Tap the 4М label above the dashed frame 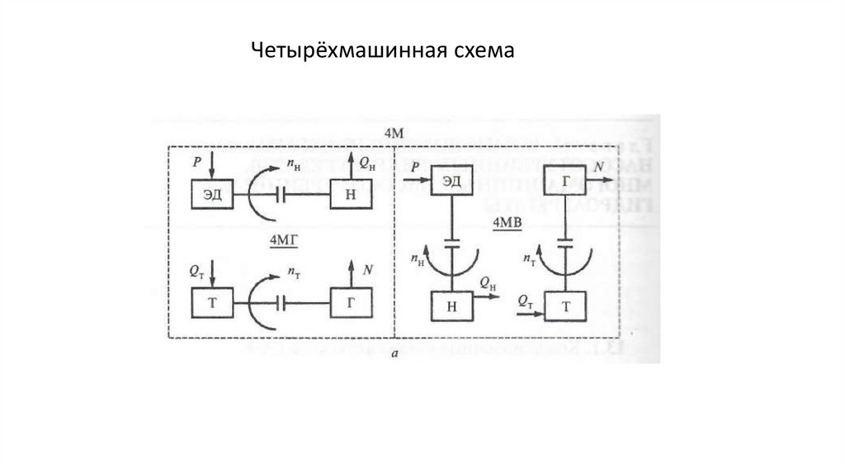point(394,134)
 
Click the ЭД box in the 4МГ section point(212,196)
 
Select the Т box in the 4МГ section point(211,302)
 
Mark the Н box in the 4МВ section point(451,306)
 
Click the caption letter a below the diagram point(396,353)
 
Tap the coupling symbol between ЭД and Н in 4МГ point(281,196)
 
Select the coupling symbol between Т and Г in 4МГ point(281,302)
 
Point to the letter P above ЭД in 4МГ point(196,163)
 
